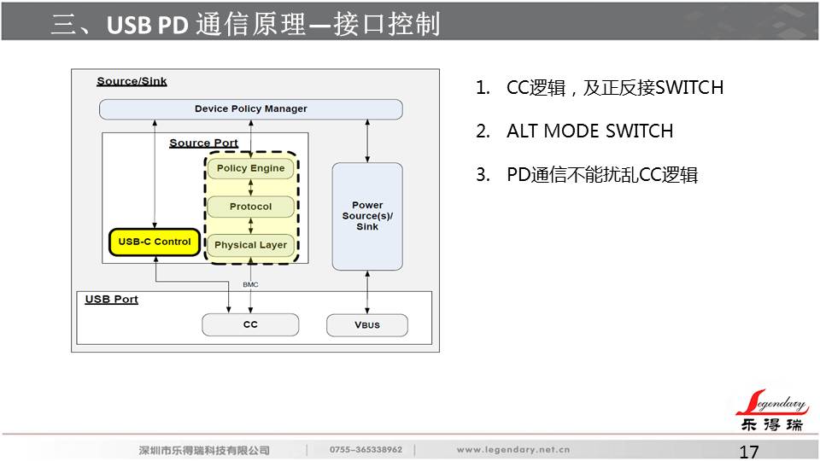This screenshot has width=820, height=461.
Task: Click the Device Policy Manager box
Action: coord(250,109)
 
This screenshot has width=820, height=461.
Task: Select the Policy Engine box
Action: coord(250,168)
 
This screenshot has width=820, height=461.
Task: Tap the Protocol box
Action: coord(250,207)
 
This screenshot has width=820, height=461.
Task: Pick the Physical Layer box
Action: coord(250,245)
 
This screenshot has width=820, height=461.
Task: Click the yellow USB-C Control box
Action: coord(155,242)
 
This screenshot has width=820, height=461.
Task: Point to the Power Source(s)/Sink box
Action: coord(367,216)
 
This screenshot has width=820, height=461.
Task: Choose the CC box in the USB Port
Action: coord(250,324)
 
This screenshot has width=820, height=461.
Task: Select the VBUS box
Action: coord(367,325)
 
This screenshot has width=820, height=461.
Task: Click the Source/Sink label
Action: coord(132,82)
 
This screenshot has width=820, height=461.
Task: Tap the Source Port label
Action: coord(203,143)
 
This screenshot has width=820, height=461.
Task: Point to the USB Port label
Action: coord(112,300)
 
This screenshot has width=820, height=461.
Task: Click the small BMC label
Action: coord(250,284)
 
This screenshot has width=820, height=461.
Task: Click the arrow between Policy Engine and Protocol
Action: coord(250,188)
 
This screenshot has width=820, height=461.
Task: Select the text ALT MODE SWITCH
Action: coord(589,131)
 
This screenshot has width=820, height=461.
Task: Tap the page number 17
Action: coord(748,452)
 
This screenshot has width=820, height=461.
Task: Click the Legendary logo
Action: coord(770,411)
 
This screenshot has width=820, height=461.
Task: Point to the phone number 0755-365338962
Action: coord(365,450)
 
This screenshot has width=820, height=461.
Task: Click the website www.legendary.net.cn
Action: coord(512,450)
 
